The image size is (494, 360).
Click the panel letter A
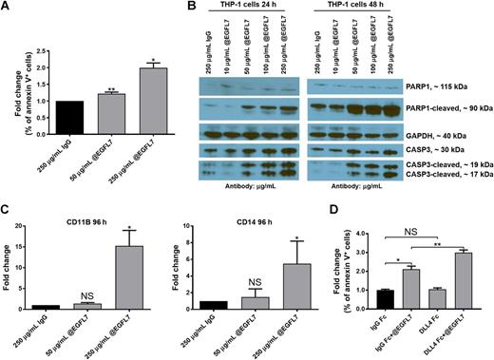pyautogui.click(x=7, y=9)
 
